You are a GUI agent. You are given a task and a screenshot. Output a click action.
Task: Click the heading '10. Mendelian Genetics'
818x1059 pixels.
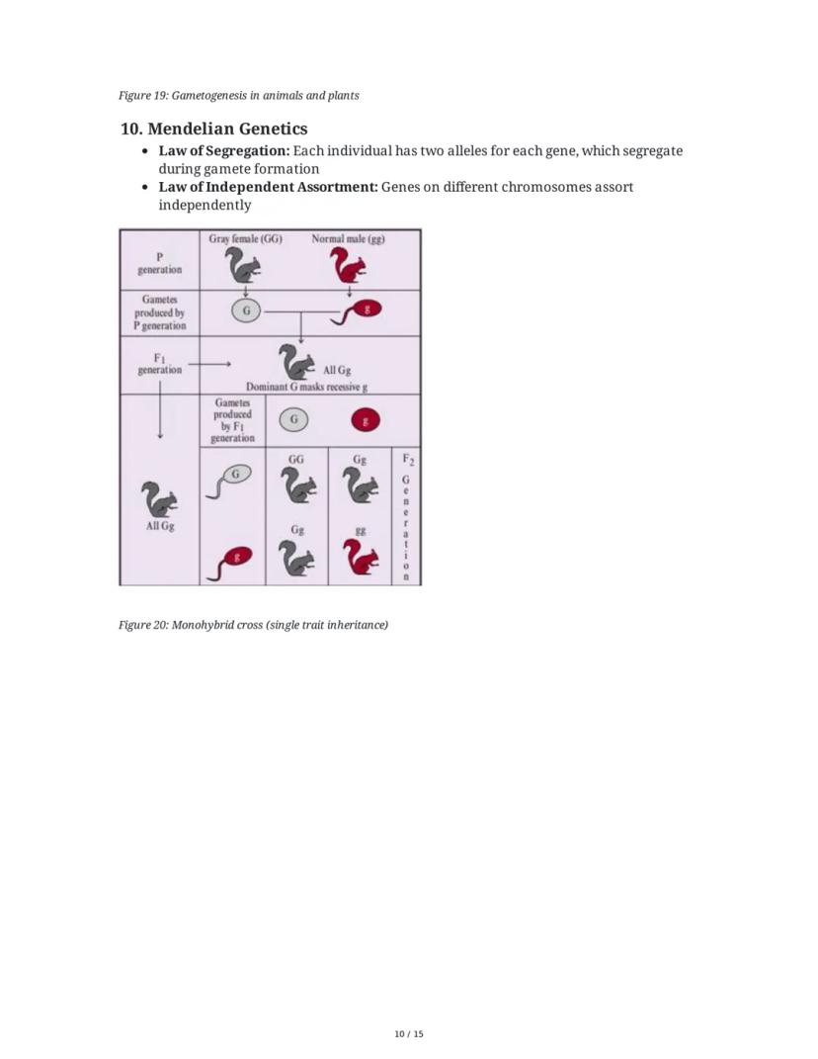[213, 129]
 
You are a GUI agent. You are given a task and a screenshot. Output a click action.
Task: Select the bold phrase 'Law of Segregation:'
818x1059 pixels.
[224, 151]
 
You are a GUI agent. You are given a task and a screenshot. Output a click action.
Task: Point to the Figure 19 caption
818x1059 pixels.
[238, 96]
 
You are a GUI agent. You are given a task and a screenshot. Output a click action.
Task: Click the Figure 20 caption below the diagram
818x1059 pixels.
[253, 625]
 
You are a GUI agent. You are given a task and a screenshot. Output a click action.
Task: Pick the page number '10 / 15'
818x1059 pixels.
[408, 1034]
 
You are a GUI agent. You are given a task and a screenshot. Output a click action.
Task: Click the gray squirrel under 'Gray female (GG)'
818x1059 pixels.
[242, 266]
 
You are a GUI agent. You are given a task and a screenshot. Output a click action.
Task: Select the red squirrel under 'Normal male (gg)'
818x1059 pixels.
[348, 266]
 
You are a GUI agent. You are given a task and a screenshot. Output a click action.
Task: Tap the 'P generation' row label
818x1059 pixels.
[159, 262]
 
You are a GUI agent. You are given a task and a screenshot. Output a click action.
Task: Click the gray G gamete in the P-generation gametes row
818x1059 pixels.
[246, 310]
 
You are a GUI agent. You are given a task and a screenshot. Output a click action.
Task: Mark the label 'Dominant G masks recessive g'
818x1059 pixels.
[312, 387]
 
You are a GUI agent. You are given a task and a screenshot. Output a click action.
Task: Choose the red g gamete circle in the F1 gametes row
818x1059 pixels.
[366, 420]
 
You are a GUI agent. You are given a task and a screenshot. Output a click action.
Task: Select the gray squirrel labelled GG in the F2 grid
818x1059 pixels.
[297, 485]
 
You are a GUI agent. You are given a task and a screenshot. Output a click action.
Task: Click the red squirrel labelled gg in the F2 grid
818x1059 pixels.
[362, 558]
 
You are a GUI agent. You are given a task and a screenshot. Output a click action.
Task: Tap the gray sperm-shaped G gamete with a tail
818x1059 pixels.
[230, 479]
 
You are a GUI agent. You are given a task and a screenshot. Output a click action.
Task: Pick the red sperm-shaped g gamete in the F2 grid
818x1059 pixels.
[231, 562]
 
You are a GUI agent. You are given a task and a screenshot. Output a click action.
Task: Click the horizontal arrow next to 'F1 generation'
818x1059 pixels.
[209, 364]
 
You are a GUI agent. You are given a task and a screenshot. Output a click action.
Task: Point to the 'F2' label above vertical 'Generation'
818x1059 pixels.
[407, 460]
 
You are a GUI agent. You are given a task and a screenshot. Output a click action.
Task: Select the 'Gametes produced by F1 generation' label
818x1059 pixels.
[232, 420]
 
